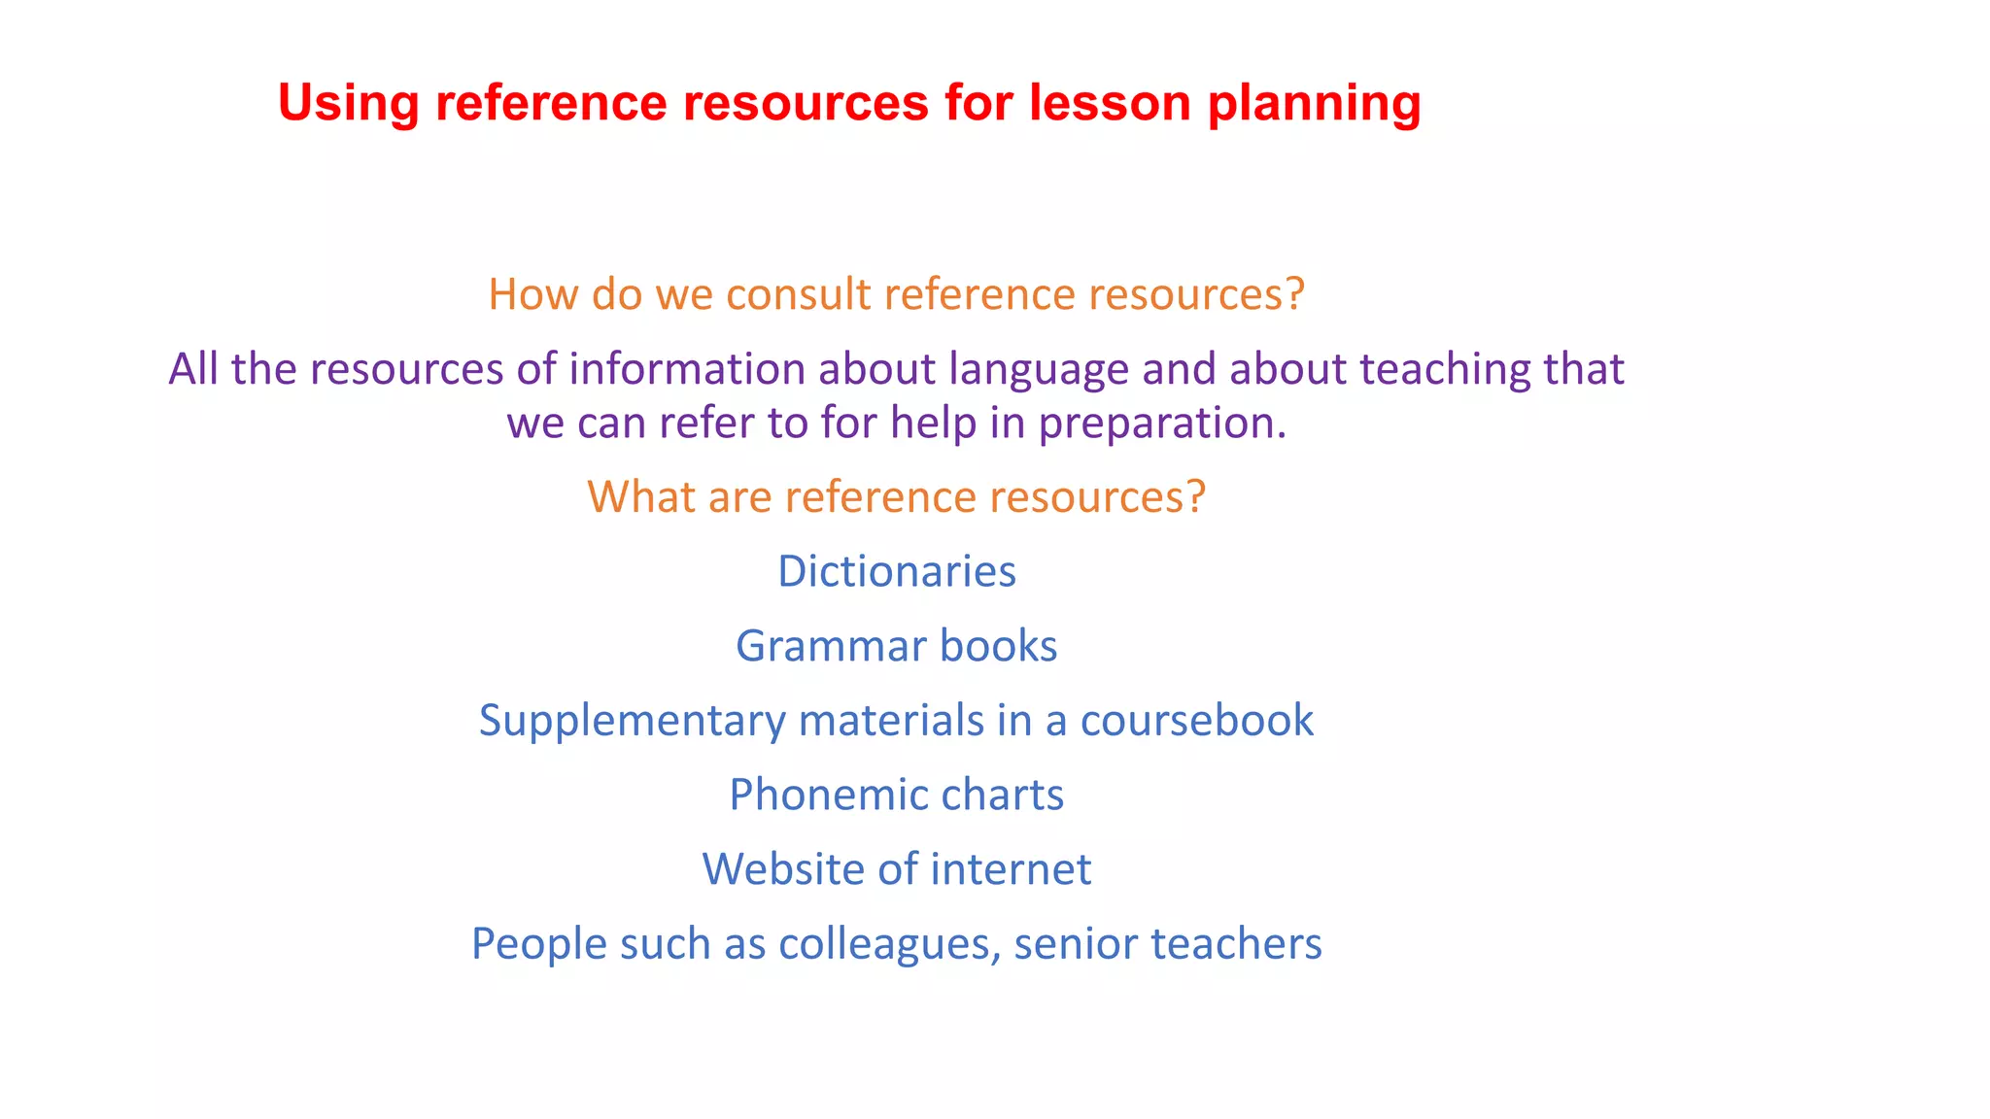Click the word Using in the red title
(x=348, y=103)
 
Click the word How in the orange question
(x=533, y=294)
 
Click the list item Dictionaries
(x=896, y=571)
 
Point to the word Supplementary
(x=632, y=722)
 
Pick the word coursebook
(x=1196, y=721)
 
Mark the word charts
(x=1002, y=795)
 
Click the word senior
(x=1076, y=944)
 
